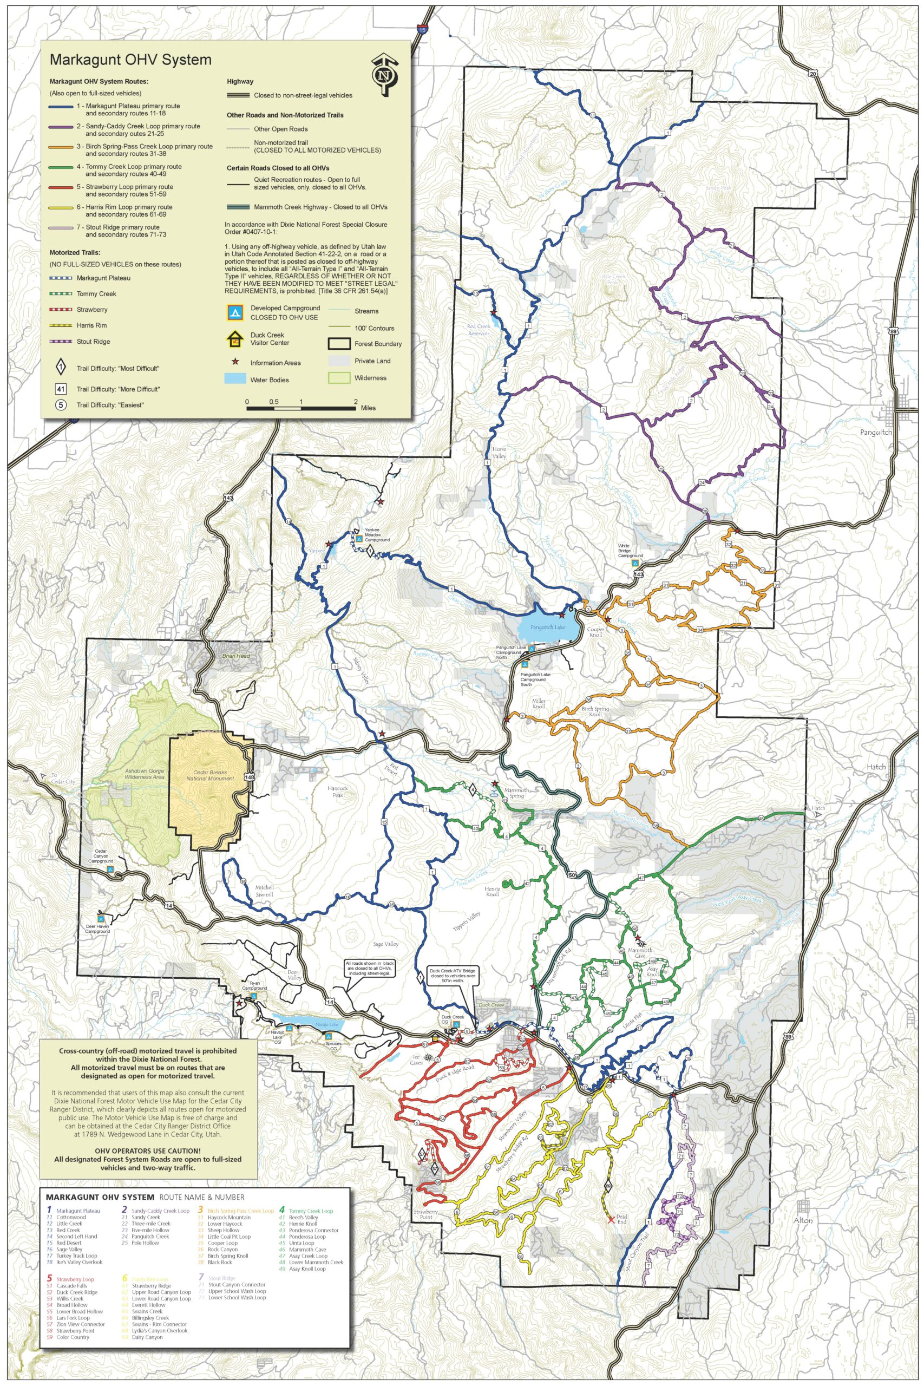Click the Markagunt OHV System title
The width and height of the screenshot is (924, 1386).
pyautogui.click(x=130, y=60)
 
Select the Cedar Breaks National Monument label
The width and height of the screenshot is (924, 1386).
pyautogui.click(x=206, y=775)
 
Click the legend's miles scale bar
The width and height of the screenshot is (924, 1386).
pyautogui.click(x=301, y=407)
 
